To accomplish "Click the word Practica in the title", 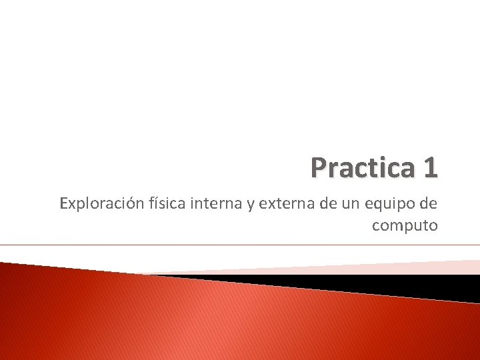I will [360, 168].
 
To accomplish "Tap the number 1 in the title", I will [429, 168].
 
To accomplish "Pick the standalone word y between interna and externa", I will [251, 205].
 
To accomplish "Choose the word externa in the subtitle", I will [286, 203].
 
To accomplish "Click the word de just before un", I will [327, 203].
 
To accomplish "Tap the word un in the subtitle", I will [352, 203].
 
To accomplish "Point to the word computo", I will [405, 226].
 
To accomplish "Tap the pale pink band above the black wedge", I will [400, 267].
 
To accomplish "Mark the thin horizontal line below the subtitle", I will [240, 245].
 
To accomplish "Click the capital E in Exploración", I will [63, 203].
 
